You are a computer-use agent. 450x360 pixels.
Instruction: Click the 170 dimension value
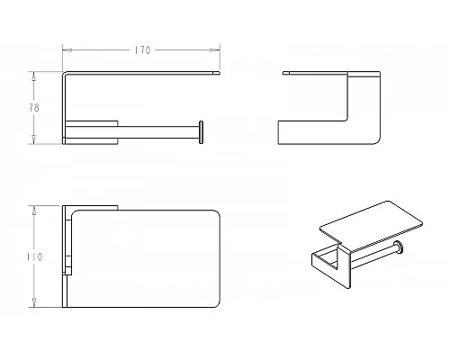pos(142,50)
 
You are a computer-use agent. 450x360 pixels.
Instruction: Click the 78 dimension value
pos(34,108)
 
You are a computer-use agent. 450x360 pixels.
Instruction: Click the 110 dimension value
pos(35,257)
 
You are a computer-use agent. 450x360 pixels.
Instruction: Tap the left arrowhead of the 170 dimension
pos(67,50)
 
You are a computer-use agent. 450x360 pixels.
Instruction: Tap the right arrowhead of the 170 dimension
pos(215,50)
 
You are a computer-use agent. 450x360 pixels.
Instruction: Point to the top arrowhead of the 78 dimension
pos(34,76)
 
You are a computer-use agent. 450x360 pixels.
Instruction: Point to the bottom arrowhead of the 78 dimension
pos(34,139)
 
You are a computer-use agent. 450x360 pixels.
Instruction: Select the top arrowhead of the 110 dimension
pos(34,210)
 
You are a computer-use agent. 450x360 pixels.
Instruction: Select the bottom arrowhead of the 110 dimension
pos(34,302)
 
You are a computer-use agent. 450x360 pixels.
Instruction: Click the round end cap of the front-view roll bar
pos(201,132)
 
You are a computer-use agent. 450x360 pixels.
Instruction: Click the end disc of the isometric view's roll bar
pos(399,247)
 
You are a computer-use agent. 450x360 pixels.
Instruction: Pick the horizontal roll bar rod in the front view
pos(158,132)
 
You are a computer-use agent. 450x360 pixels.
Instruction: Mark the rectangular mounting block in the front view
pos(92,132)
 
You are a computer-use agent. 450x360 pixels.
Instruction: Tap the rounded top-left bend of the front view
pos(65,73)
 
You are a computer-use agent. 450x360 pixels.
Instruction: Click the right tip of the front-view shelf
pos(220,73)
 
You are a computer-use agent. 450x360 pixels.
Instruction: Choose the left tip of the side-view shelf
pos(283,73)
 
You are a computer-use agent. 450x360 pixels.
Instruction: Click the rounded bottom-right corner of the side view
pos(377,141)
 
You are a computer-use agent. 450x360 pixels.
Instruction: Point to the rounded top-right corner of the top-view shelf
pos(217,213)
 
